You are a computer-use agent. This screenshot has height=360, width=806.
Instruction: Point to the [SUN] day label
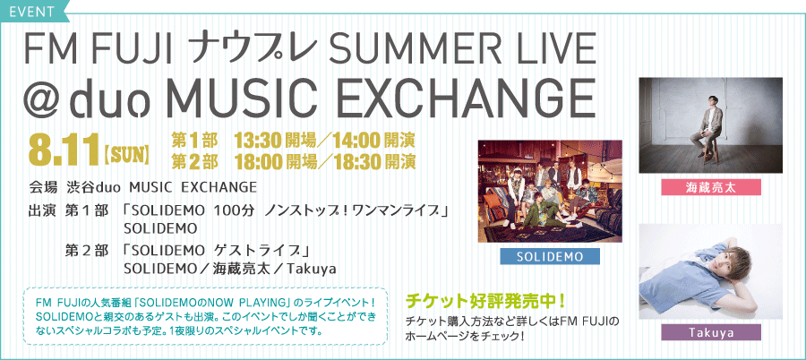124,153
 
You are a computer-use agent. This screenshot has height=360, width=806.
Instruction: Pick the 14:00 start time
356,140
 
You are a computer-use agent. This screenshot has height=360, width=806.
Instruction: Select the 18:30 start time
356,161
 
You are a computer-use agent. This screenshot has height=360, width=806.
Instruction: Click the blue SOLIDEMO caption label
550,257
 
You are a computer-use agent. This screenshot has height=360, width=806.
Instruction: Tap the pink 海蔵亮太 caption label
711,187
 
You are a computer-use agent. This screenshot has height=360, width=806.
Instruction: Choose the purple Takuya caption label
711,332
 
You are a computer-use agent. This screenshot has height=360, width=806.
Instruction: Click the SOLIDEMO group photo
550,192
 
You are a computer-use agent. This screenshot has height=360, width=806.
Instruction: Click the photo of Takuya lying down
710,271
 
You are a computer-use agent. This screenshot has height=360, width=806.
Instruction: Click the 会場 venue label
43,186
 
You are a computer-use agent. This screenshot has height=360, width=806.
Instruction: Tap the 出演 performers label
43,210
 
